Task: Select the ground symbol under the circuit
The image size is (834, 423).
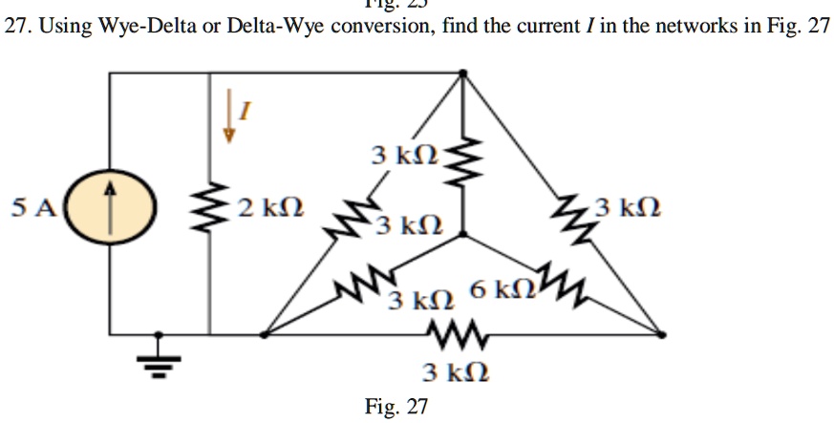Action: click(x=160, y=362)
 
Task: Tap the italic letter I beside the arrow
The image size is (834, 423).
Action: click(x=244, y=113)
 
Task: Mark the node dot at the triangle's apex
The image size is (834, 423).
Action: click(x=463, y=72)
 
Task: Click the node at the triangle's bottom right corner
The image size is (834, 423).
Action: click(x=663, y=334)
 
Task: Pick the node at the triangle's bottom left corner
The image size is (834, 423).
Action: click(x=265, y=334)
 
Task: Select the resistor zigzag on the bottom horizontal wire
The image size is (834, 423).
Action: click(x=449, y=334)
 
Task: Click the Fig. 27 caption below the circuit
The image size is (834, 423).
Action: click(x=396, y=407)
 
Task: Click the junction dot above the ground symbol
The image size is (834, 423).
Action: click(x=160, y=334)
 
